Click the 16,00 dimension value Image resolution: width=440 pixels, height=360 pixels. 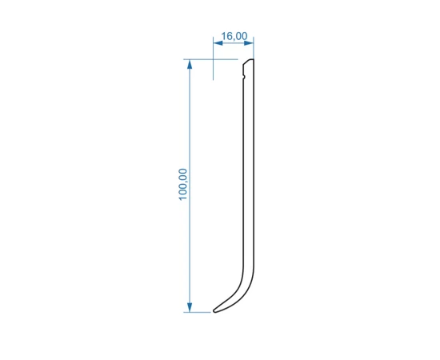pos(234,36)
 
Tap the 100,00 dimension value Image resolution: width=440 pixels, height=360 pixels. pos(182,184)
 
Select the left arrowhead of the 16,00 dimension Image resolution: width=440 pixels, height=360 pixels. pos(218,43)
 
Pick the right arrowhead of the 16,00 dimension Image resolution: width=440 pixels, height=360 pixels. pos(249,43)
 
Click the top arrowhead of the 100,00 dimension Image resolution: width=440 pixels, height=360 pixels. pos(190,64)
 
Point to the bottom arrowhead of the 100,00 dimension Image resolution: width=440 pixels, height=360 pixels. pos(190,307)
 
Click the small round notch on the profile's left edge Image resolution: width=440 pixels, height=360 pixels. pos(243,76)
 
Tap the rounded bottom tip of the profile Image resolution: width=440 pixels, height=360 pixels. pos(214,311)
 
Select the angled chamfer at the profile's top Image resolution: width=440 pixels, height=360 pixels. pos(246,62)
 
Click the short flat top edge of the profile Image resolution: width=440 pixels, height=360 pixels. pos(252,59)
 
